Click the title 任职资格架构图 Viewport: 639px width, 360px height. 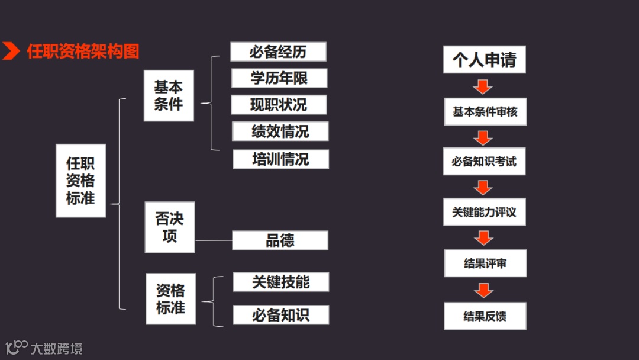[83, 52]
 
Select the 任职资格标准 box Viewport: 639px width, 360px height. [80, 181]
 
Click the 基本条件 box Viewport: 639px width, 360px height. [169, 96]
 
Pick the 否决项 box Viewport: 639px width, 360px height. [170, 227]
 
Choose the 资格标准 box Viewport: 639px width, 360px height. [170, 299]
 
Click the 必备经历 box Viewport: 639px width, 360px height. [278, 52]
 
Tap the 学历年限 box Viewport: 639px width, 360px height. [279, 78]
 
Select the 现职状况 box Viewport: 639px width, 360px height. [279, 105]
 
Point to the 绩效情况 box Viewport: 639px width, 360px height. [280, 131]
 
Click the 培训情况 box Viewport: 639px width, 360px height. [280, 159]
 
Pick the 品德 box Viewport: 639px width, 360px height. [280, 240]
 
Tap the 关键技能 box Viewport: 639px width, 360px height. [281, 282]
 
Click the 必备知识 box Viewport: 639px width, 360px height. [281, 315]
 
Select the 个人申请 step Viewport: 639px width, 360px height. [485, 60]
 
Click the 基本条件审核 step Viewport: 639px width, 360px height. [485, 112]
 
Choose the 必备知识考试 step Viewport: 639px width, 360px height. [484, 162]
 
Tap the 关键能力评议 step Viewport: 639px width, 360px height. [485, 212]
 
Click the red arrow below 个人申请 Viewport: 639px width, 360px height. [483, 87]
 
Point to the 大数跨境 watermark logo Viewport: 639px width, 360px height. [44, 348]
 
